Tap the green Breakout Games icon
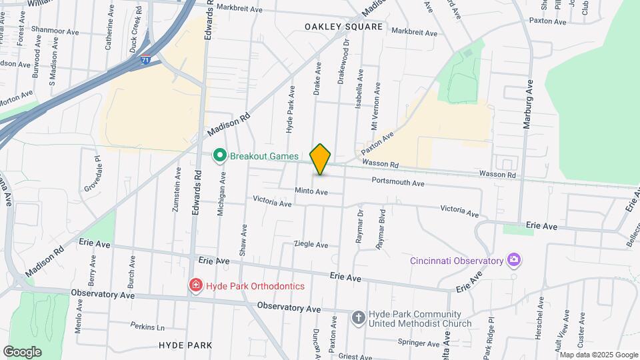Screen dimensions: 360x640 coord(219,156)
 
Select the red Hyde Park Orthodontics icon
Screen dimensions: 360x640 coord(196,286)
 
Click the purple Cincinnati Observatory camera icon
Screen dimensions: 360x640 coord(513,259)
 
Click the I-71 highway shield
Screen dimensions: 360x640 coord(145,60)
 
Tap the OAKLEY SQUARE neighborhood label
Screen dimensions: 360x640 coord(344,27)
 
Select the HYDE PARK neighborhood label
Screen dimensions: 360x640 coord(185,345)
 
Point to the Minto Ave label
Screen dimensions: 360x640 coord(311,192)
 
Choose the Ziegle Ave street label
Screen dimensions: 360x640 coord(311,245)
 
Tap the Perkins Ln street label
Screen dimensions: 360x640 coord(147,327)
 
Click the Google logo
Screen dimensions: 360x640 coord(22,352)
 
